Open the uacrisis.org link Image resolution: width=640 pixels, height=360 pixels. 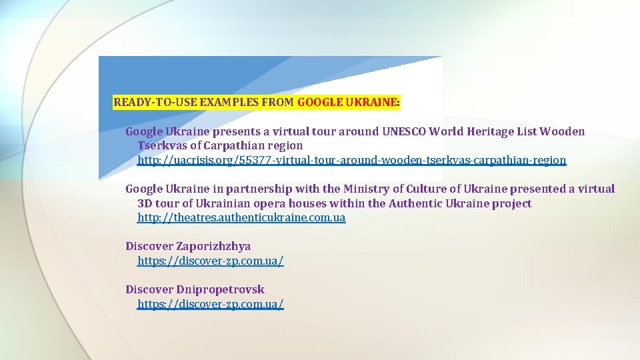coord(351,160)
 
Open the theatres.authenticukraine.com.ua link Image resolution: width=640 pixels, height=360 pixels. coord(241,218)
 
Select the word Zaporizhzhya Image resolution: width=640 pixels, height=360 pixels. coord(213,247)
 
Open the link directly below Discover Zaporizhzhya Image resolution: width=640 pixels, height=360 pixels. coord(210,261)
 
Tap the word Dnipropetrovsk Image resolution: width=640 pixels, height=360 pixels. coord(220,290)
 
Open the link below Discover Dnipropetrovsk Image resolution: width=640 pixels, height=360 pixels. coord(210,305)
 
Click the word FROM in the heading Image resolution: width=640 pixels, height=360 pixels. coord(279,103)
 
